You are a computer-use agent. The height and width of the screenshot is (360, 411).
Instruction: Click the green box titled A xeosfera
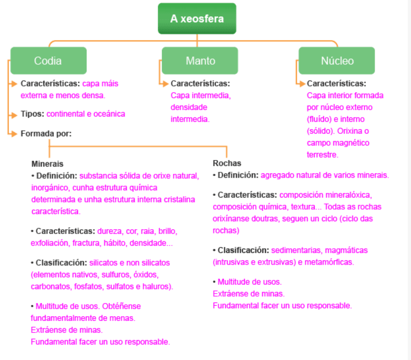(197, 19)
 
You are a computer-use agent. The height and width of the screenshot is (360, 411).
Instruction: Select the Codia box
(48, 61)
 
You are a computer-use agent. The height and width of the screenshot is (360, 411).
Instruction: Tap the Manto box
(200, 61)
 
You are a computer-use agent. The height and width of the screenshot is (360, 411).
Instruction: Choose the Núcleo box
(337, 61)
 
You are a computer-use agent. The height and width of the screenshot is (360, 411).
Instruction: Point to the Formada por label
(46, 134)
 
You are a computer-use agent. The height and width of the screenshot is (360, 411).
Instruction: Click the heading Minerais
(47, 163)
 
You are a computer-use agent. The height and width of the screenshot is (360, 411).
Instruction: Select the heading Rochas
(227, 163)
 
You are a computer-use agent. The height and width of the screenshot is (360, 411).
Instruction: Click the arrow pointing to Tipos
(13, 114)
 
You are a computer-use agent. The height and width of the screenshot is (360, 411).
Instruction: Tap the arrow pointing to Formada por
(13, 134)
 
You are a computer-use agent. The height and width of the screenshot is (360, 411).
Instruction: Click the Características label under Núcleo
(336, 83)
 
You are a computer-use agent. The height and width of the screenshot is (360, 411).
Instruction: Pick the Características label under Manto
(200, 83)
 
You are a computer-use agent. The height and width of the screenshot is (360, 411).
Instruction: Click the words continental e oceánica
(86, 114)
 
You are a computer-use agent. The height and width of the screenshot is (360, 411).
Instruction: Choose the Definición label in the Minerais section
(56, 176)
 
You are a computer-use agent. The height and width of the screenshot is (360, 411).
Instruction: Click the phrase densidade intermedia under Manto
(190, 113)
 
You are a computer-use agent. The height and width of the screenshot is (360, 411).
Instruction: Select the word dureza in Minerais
(109, 231)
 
